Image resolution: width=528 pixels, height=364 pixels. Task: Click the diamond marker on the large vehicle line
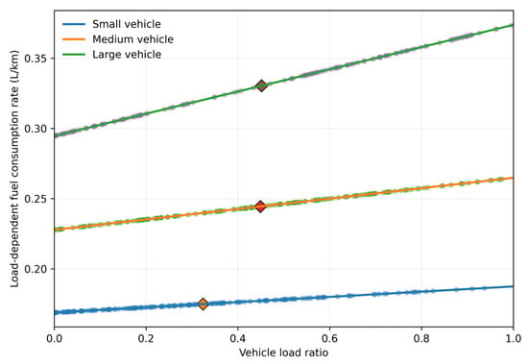pos(261,85)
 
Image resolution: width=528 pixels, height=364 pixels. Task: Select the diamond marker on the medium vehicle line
pos(260,206)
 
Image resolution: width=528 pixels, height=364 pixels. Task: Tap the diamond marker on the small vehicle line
pos(203,303)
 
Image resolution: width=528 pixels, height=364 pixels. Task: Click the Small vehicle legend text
pos(127,24)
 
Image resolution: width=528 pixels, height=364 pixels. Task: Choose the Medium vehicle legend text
pos(133,39)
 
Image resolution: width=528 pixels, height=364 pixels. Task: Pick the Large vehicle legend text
pos(127,55)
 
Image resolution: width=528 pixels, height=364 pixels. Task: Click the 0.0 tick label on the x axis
pos(54,338)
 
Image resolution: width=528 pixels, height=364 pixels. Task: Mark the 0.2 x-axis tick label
pos(146,338)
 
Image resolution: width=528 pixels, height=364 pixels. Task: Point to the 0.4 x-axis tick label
pos(238,338)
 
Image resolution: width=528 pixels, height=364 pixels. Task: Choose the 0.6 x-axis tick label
pos(329,338)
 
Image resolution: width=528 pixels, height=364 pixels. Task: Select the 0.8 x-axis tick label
pos(421,338)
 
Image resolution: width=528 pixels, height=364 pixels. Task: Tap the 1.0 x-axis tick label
pos(514,338)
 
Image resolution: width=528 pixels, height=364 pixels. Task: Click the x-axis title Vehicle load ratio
pos(283,352)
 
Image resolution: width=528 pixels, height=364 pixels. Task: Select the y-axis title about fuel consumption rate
pos(14,168)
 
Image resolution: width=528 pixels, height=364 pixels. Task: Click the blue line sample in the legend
pos(74,24)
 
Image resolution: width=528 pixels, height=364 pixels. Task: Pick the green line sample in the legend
pos(74,55)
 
